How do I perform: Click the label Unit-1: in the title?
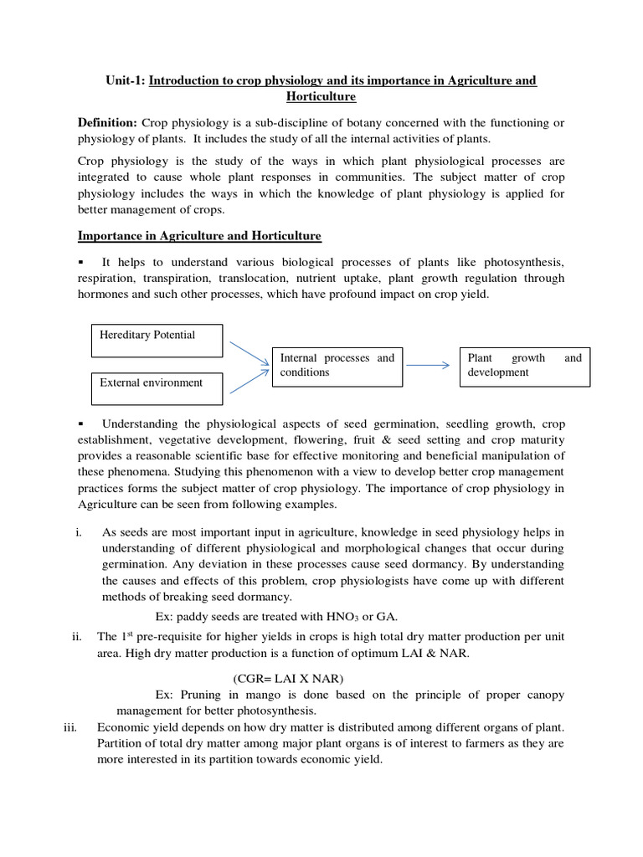[126, 80]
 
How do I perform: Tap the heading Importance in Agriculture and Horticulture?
[199, 236]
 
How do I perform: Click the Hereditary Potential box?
[157, 341]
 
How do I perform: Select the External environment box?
[157, 387]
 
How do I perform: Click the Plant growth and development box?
[524, 366]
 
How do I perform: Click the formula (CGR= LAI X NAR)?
[288, 678]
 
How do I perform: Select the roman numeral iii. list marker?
[70, 726]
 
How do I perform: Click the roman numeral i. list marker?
[78, 532]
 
